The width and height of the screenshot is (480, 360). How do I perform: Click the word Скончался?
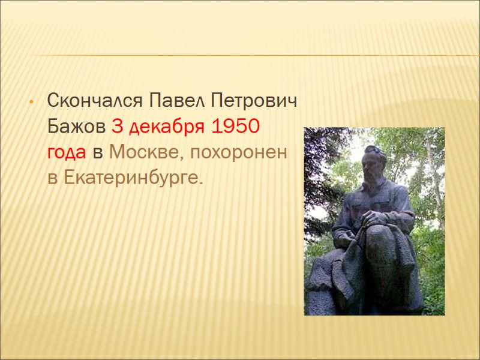95,101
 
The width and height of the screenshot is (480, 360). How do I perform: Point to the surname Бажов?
77,127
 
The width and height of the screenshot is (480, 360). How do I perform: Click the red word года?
66,153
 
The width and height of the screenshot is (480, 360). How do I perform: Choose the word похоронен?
238,153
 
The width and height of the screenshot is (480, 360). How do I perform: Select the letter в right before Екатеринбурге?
52,178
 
